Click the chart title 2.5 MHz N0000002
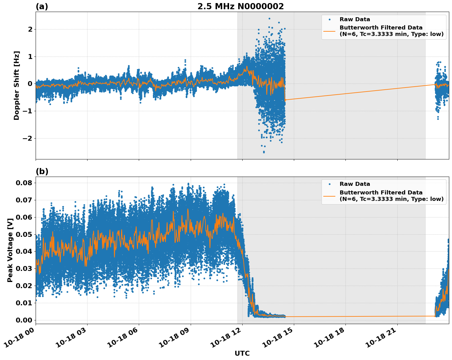click(x=240, y=6)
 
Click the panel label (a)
click(x=42, y=6)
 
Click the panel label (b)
click(x=42, y=171)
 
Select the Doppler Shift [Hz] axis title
click(x=17, y=85)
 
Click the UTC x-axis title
click(x=242, y=353)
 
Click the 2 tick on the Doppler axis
click(x=30, y=29)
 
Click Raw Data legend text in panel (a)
click(x=355, y=19)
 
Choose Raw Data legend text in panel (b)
click(x=355, y=184)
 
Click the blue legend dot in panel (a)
click(x=329, y=19)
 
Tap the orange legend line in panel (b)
click(x=329, y=196)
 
